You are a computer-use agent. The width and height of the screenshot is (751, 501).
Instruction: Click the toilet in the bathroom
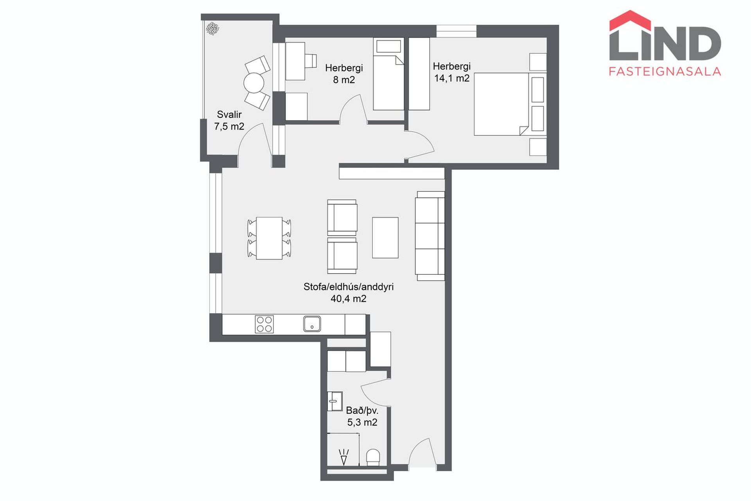pos(373,457)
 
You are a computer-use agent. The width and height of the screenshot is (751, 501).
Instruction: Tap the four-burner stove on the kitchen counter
pos(264,324)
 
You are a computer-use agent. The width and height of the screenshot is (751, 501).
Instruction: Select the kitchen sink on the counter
pos(312,324)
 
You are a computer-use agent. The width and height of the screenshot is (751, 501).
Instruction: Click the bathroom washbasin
pos(334,401)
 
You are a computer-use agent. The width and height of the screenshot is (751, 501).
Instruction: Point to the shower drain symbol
pos(343,457)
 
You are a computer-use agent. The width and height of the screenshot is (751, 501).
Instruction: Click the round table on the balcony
pos(254,83)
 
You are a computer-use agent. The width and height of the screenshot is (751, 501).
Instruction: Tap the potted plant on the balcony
pos(212,29)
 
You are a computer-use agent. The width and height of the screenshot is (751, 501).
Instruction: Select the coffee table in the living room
pos(385,238)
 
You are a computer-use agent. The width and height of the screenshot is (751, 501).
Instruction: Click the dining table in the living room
pos(269,238)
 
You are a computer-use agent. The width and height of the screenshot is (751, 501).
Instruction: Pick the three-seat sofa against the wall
pos(430,236)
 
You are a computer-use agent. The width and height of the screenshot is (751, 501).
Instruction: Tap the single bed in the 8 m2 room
pos(388,74)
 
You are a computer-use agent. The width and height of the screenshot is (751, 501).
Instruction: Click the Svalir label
pos(229,114)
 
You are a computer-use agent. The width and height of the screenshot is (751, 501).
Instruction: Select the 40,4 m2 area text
pos(349,299)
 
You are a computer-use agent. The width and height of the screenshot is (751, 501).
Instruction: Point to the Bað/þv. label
pos(362,411)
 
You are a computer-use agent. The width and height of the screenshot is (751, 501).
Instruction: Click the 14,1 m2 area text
pos(452,78)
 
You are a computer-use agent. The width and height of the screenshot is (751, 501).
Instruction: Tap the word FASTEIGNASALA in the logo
pos(665,71)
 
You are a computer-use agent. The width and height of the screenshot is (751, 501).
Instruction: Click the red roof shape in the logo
pos(630,20)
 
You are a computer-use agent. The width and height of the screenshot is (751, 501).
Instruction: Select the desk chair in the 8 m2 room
pos(311,61)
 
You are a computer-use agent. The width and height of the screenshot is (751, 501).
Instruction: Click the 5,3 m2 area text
pos(362,422)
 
